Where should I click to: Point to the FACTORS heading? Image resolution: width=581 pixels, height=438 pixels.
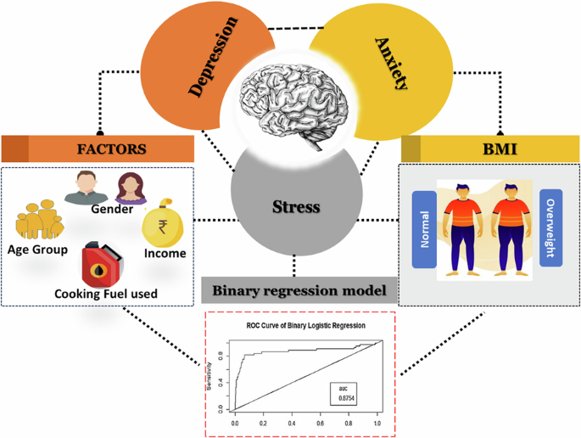(111, 149)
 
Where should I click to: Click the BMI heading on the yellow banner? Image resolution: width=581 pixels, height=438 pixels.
(489, 149)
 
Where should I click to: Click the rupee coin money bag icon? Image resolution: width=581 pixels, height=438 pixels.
(160, 224)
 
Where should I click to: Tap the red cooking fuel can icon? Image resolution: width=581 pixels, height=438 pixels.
(103, 264)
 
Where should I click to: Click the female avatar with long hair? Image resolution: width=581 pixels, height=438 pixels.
(130, 186)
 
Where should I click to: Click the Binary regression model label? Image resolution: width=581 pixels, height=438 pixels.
(299, 290)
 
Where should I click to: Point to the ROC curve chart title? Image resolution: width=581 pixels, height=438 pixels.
(299, 326)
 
